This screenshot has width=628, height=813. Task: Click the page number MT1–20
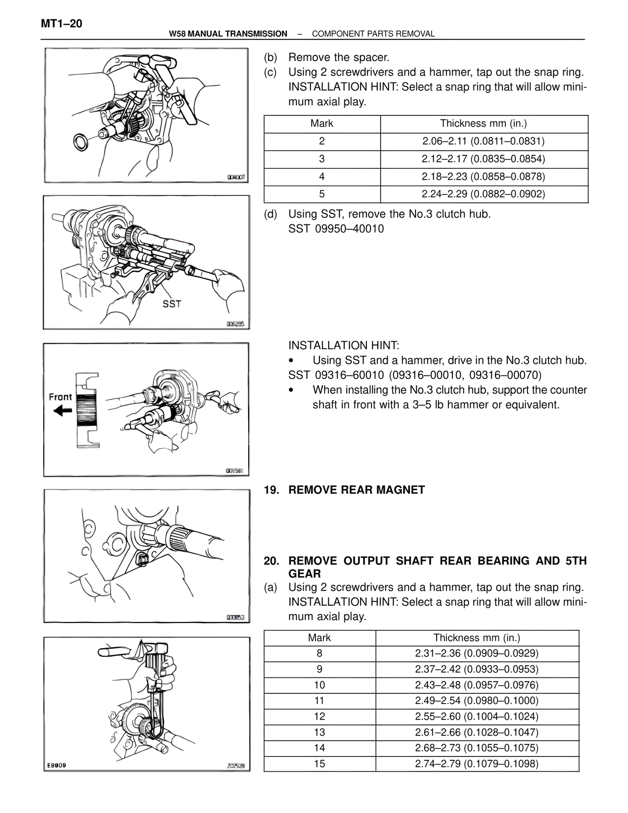[62, 23]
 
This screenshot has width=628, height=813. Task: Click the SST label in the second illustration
[172, 304]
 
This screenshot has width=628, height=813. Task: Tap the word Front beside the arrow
[60, 397]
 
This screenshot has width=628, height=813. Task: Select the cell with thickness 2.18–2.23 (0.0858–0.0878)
[484, 177]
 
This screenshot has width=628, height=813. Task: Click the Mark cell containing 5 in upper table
[322, 194]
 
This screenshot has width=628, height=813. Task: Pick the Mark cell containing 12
[319, 716]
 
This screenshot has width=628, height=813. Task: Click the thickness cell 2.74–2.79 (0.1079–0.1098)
[477, 763]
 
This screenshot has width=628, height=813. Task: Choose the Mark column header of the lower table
[319, 638]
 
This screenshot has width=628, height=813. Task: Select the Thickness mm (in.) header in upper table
[484, 124]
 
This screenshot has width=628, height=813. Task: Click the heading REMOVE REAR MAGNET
[356, 490]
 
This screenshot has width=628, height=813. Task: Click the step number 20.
[271, 561]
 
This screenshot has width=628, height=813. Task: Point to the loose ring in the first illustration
[81, 142]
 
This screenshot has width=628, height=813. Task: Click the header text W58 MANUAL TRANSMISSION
[228, 34]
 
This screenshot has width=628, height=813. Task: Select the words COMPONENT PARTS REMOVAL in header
[373, 34]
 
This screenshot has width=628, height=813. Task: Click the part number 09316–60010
[349, 375]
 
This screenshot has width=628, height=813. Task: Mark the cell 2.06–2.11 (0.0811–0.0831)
[484, 141]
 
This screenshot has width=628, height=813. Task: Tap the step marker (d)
[270, 214]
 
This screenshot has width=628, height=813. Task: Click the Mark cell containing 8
[319, 653]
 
